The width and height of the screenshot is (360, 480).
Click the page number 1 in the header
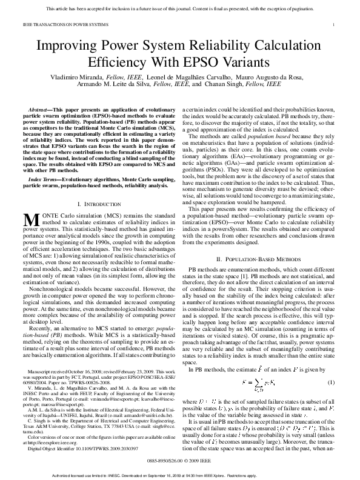tap(335, 24)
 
